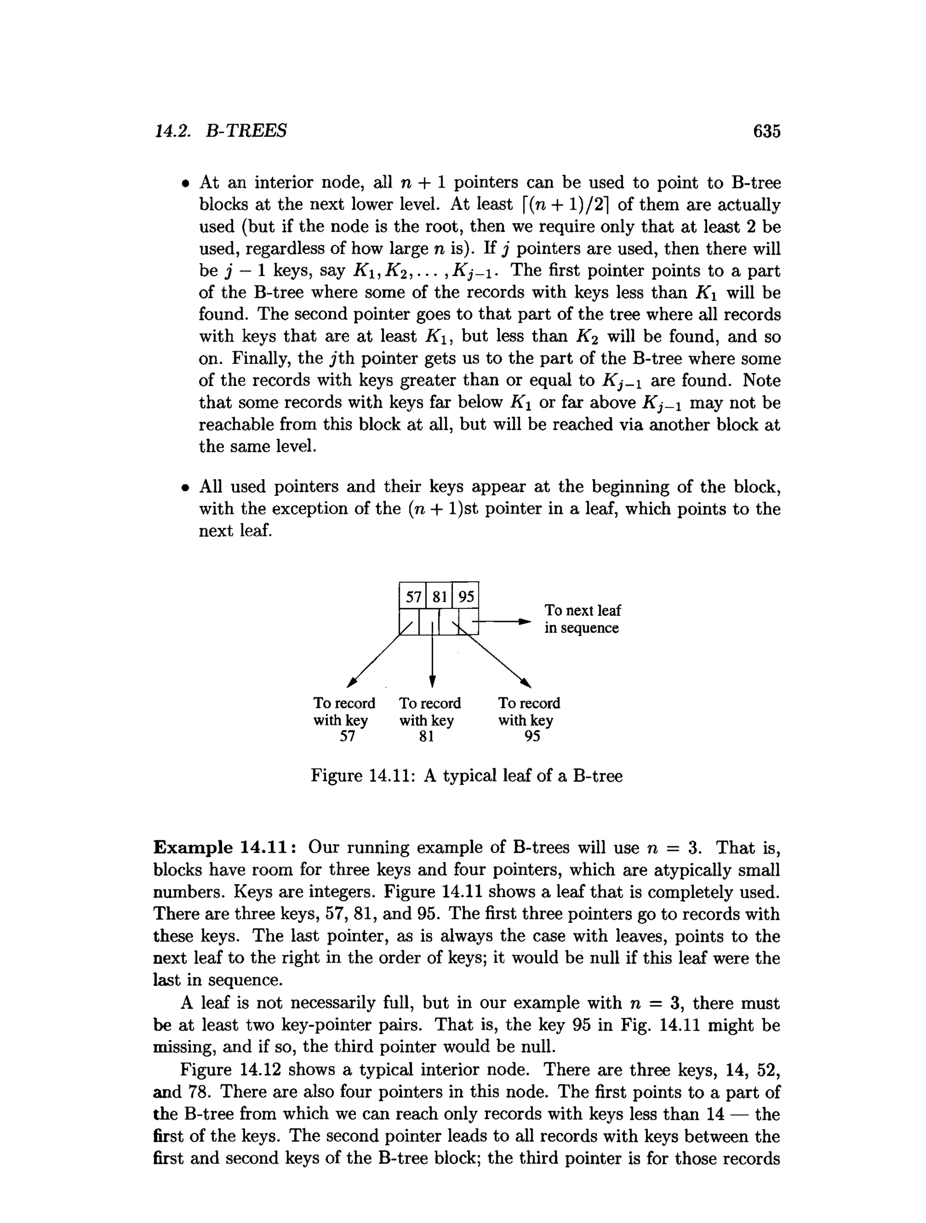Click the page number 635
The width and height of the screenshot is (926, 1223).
(766, 131)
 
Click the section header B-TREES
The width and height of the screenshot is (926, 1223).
(246, 131)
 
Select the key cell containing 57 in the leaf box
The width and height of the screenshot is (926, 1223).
(413, 597)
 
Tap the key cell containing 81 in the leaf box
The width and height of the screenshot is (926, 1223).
(439, 597)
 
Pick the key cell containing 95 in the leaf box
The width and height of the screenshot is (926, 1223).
(466, 597)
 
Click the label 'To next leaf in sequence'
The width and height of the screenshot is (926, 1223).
(582, 619)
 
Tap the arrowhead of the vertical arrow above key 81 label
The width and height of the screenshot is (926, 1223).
(433, 681)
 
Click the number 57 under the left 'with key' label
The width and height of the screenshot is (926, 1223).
(347, 736)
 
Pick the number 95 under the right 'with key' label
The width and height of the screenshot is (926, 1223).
(532, 736)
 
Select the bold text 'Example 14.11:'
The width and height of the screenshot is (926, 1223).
(227, 847)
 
